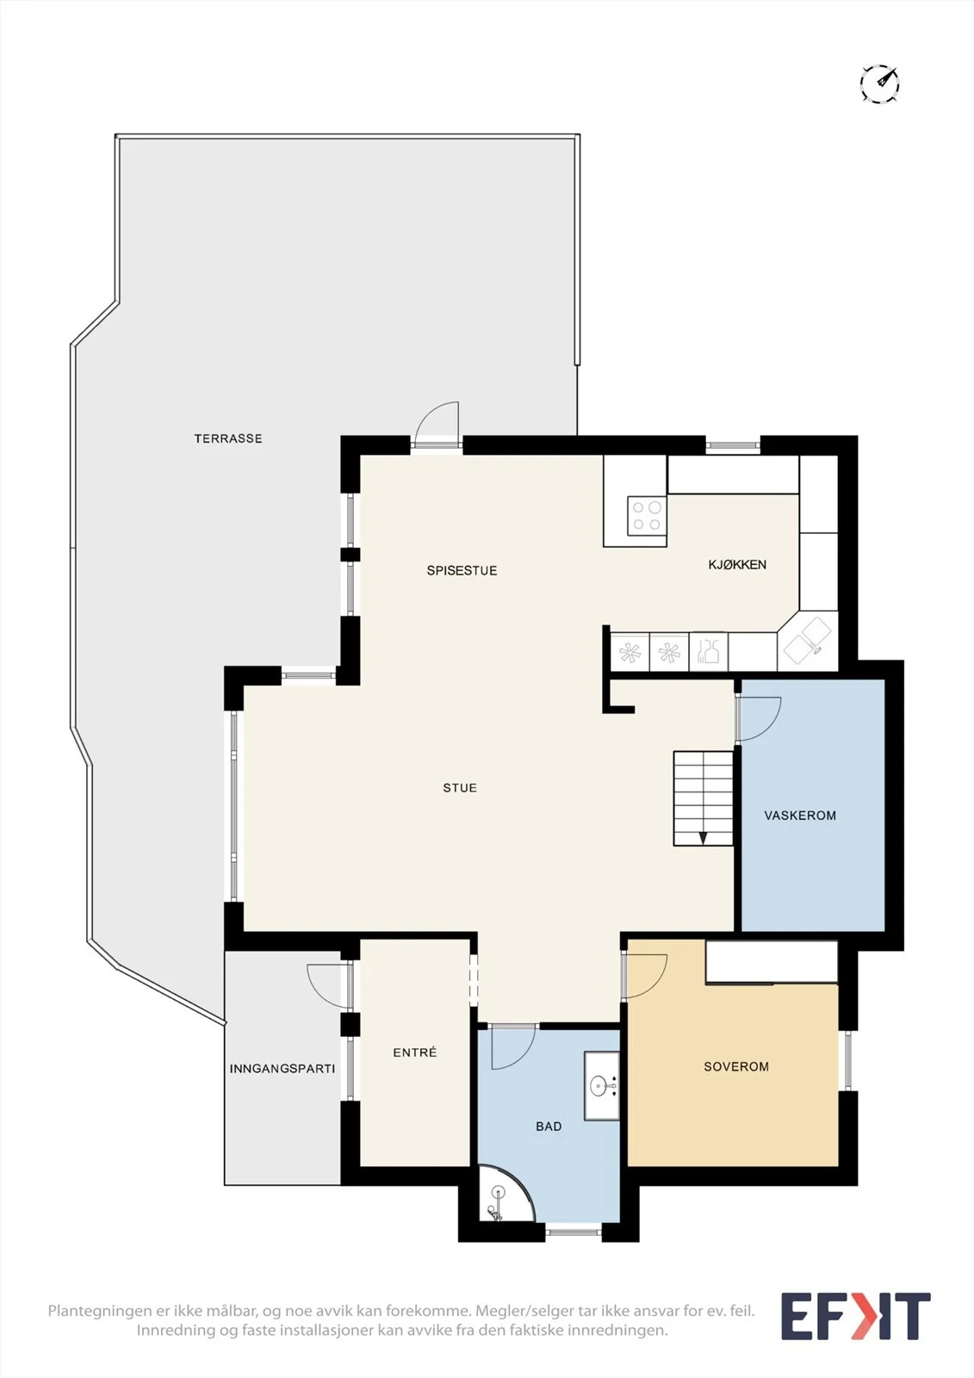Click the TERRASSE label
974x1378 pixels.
tap(228, 438)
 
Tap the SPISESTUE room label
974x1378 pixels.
tap(462, 570)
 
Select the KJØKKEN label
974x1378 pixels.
tap(737, 564)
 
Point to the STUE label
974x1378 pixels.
tap(460, 788)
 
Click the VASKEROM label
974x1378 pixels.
tap(800, 816)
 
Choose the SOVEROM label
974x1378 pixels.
tap(736, 1067)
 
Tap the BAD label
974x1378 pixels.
tap(549, 1127)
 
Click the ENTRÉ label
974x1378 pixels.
tap(415, 1052)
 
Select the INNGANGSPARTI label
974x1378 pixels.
tap(282, 1069)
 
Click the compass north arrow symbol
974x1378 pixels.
tap(880, 83)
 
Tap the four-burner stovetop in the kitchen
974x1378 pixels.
tap(647, 516)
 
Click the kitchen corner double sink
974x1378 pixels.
tap(809, 641)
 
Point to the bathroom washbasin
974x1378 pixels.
tap(602, 1086)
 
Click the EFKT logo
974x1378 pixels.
tap(855, 1317)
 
